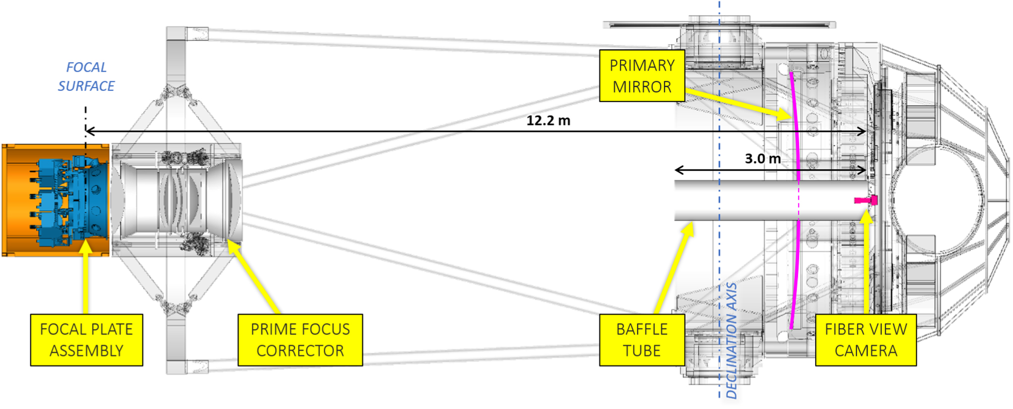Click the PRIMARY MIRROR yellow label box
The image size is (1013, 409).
(x=642, y=76)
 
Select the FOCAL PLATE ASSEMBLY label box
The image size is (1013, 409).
(x=87, y=340)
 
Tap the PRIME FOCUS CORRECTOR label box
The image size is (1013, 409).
(x=300, y=340)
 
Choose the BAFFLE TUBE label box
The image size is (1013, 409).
(x=642, y=340)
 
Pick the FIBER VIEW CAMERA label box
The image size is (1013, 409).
(x=866, y=340)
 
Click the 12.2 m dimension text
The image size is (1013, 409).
(x=548, y=120)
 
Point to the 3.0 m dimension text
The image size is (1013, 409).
(x=762, y=159)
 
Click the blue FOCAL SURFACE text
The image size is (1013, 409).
(x=86, y=76)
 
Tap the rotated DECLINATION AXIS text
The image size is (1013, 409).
(x=731, y=340)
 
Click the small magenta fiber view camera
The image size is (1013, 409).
(x=867, y=200)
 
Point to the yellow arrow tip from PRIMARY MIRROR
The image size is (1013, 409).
(x=789, y=118)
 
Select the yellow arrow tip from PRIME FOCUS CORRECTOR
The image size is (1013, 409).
(x=229, y=241)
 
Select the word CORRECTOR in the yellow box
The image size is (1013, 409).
(x=300, y=351)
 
